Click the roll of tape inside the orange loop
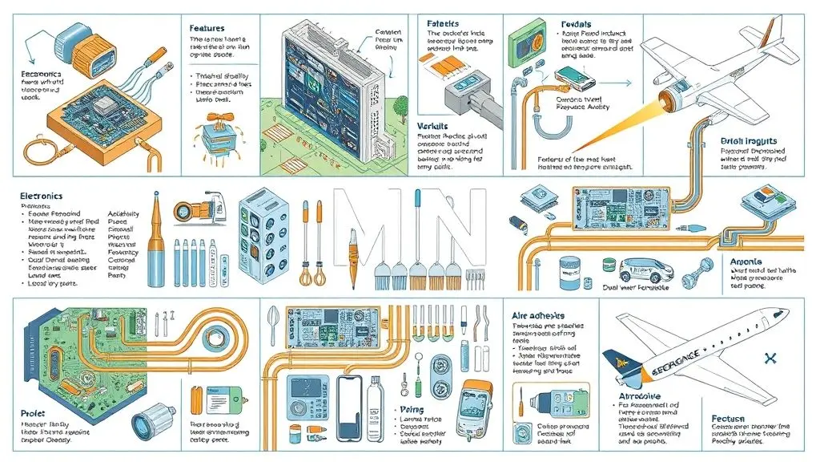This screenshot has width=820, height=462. pos(215,335)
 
